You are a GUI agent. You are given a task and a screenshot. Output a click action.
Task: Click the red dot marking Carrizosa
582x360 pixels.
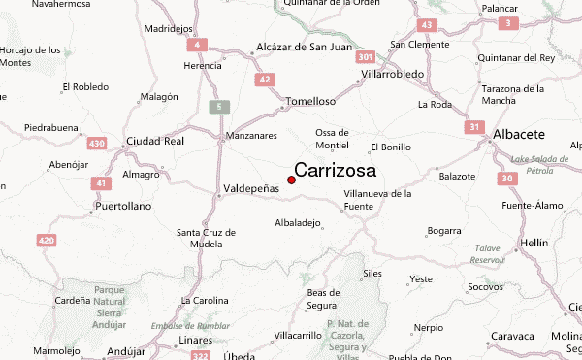tap(291, 180)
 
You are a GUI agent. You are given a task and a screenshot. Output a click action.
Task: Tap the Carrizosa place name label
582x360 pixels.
tap(336, 170)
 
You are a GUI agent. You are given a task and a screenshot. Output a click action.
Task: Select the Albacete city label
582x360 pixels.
tap(519, 134)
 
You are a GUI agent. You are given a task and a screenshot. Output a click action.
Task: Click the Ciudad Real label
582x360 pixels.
tap(154, 141)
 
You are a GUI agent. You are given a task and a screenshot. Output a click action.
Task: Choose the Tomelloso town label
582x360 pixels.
tap(310, 101)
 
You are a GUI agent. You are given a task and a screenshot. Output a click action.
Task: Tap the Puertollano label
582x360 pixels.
tap(124, 207)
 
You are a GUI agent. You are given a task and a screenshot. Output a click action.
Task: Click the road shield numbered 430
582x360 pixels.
tap(97, 144)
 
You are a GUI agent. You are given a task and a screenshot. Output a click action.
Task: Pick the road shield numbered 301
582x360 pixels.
tap(366, 58)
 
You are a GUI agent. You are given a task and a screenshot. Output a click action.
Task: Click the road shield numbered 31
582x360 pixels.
tap(473, 127)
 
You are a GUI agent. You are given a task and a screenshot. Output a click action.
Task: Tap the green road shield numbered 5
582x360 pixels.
tap(219, 106)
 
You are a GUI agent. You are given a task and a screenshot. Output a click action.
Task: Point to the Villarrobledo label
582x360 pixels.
tap(393, 73)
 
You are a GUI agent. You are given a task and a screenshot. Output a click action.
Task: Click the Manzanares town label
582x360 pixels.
tap(251, 135)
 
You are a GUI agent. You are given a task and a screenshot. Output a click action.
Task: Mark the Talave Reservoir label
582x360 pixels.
tap(488, 254)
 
